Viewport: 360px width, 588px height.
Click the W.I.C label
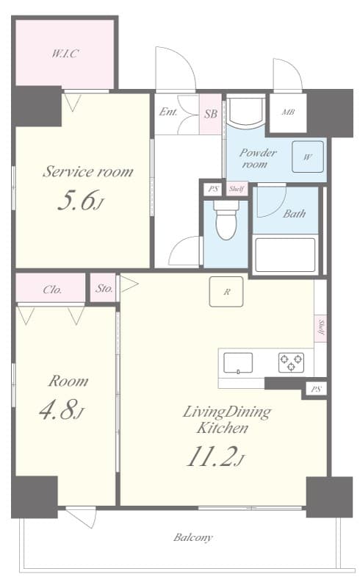tap(65, 54)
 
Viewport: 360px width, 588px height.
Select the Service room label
tap(87, 172)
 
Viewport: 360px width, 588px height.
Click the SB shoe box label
tap(210, 113)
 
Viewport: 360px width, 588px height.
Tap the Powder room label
tap(258, 158)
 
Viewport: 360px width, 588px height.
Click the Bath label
tap(294, 214)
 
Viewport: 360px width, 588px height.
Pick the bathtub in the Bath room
tap(285, 254)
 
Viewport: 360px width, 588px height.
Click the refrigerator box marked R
tap(227, 292)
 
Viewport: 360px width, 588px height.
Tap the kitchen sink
tap(238, 362)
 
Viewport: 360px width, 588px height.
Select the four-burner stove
tap(290, 362)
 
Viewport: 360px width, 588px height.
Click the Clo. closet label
tap(51, 289)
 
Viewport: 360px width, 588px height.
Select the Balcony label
tap(193, 537)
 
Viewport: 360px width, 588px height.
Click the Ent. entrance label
tap(168, 113)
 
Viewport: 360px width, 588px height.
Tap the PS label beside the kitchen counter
tap(316, 389)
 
